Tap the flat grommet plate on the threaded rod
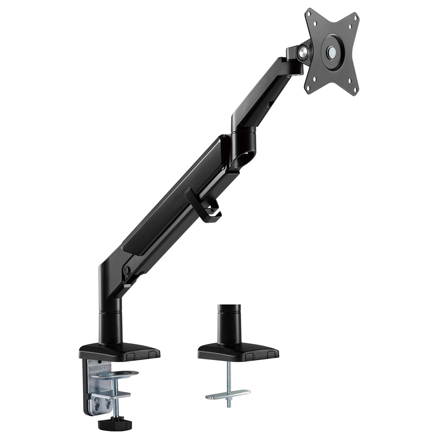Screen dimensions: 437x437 (x=228, y=394)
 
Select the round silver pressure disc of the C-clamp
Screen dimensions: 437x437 (x=115, y=373)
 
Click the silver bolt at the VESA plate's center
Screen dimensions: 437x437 (x=332, y=51)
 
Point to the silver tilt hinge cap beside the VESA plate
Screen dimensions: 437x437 (x=301, y=51)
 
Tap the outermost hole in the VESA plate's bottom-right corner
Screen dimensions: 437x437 (x=356, y=91)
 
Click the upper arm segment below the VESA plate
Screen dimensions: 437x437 (x=263, y=97)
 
